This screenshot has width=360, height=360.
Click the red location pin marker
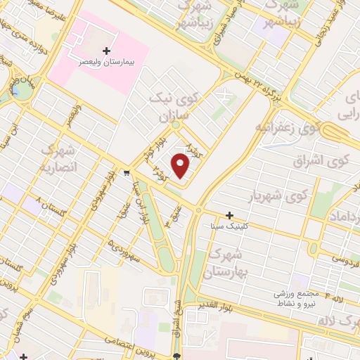[x=181, y=167]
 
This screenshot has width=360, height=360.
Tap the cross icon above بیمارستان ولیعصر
[x=106, y=51]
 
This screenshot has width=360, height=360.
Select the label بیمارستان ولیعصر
[x=106, y=62]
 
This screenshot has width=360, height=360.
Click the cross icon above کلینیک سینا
[x=229, y=215]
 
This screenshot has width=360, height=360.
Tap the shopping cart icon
[x=126, y=172]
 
